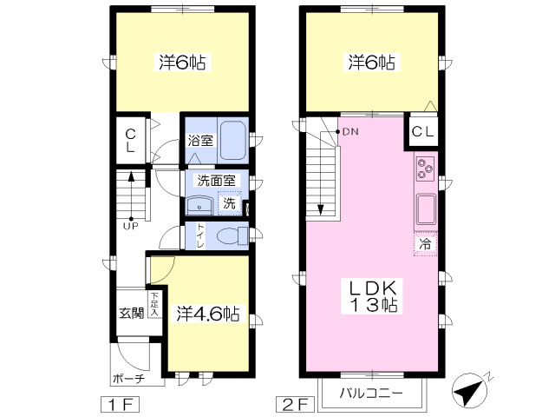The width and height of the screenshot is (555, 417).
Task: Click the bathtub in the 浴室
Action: coord(232,141)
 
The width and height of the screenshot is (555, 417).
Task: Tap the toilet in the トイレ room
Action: coord(232,235)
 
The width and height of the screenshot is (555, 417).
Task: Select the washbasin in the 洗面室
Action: coord(199,206)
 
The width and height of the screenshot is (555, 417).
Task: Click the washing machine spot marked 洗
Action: coord(229,202)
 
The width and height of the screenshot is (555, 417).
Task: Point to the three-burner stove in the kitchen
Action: coord(426,169)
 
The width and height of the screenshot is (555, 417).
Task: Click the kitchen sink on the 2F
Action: coord(426,208)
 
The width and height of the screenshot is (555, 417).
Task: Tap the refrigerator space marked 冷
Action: coord(426,244)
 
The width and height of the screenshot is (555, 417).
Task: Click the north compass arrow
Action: coord(468,389)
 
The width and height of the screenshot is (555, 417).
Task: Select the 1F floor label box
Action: coord(121,405)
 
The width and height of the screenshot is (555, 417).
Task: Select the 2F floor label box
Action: coord(295,405)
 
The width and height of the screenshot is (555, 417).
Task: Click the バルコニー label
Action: coord(371,394)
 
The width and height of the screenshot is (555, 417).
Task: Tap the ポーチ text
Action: coord(129,379)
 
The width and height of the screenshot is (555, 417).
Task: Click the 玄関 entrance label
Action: coord(132,313)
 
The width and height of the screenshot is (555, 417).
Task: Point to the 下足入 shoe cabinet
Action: coord(154,304)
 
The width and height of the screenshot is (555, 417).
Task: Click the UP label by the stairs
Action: coord(131,226)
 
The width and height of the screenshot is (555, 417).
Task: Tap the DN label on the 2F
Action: coord(350,132)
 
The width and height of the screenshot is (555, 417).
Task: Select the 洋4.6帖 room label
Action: coord(208,314)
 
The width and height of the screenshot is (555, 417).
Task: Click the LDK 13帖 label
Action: coord(373,296)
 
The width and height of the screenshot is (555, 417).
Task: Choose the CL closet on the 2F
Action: coord(422,132)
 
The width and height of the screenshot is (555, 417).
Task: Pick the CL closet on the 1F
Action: coord(131,141)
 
